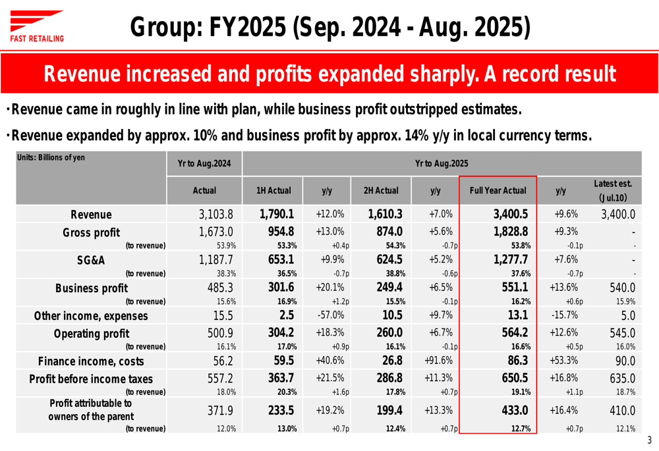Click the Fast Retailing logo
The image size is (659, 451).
pyautogui.click(x=37, y=26)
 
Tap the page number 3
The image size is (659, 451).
pyautogui.click(x=649, y=440)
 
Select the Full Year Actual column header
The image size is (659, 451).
pyautogui.click(x=498, y=190)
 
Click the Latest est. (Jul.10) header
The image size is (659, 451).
pyautogui.click(x=613, y=190)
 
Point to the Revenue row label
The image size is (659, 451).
pyautogui.click(x=91, y=215)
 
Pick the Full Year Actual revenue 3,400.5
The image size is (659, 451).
pyautogui.click(x=510, y=214)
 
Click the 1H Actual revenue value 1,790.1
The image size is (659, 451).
pyautogui.click(x=276, y=214)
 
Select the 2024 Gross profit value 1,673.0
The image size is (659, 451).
pyautogui.click(x=217, y=232)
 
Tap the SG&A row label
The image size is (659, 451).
pyautogui.click(x=91, y=260)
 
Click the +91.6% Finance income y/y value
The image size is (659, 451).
pyautogui.click(x=435, y=360)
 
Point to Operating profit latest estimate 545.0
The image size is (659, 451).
pyautogui.click(x=622, y=333)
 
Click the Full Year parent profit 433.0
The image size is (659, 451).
pyautogui.click(x=515, y=410)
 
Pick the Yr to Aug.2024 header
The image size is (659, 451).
pyautogui.click(x=204, y=163)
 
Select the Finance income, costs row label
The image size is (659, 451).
pyautogui.click(x=91, y=361)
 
